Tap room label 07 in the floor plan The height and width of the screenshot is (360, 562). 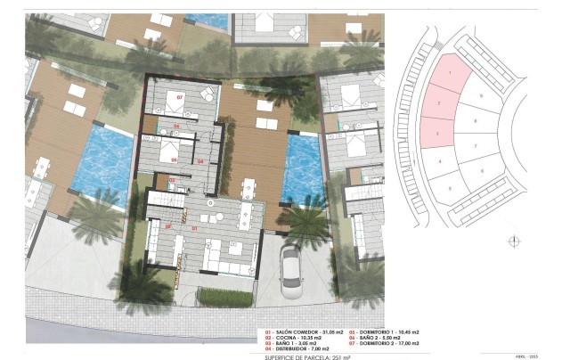click(x=178, y=96)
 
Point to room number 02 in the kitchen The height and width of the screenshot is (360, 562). click(x=167, y=226)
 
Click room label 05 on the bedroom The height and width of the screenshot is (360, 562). click(x=175, y=160)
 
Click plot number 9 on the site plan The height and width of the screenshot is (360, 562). click(x=482, y=94)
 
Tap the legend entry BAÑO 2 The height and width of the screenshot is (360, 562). click(x=385, y=337)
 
